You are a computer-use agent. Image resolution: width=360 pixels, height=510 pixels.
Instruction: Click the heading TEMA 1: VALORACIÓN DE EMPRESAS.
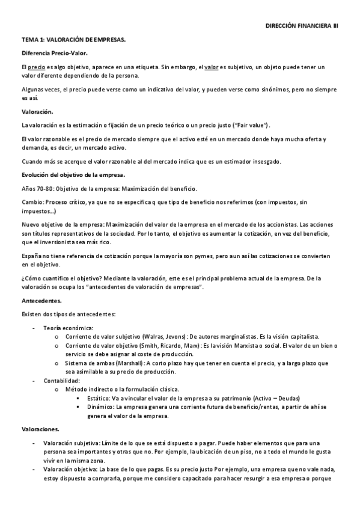(74, 40)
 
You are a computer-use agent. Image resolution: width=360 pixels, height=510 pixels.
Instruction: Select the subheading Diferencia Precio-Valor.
(55, 54)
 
